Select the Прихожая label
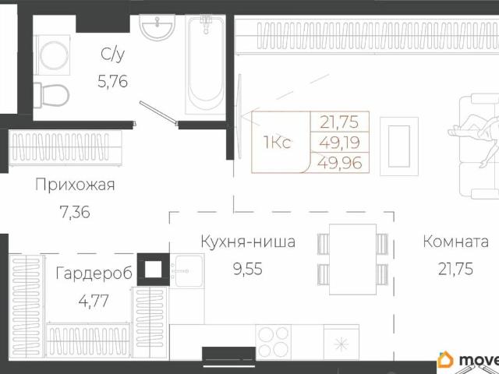(x=75, y=185)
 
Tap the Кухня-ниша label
(x=247, y=242)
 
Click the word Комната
(x=456, y=242)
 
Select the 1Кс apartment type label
(x=278, y=143)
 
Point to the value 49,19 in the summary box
(x=340, y=142)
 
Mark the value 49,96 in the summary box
(x=340, y=163)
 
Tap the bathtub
(x=205, y=66)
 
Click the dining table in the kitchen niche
(x=352, y=260)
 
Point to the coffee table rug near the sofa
(x=399, y=141)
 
